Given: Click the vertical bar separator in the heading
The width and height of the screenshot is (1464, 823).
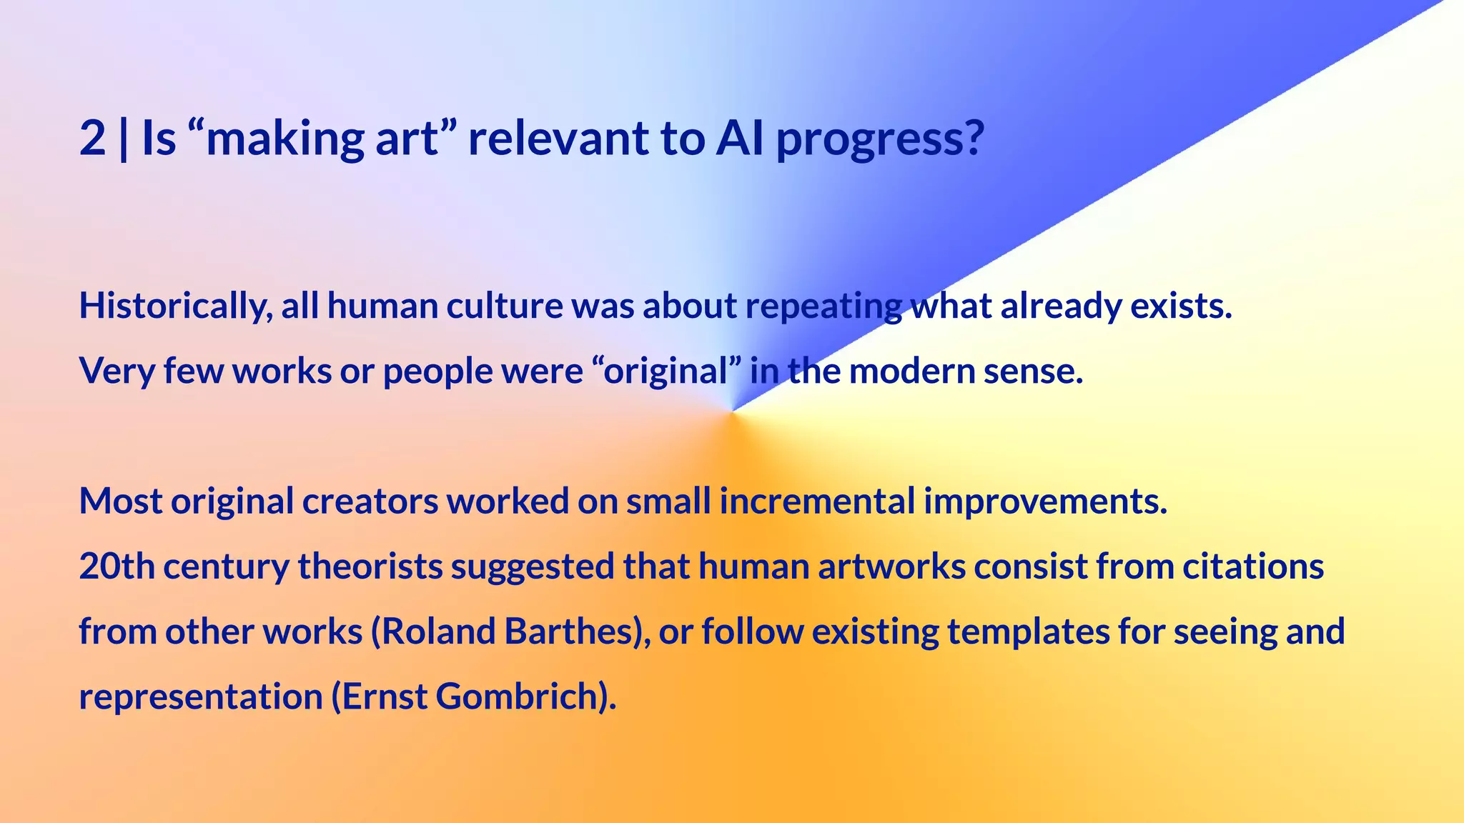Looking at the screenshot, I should [x=124, y=139].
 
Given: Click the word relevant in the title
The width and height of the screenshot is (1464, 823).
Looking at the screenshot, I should [x=558, y=139].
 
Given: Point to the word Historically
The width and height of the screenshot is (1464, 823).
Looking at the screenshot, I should [x=175, y=306].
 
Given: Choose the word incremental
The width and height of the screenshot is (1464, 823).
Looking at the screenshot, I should [x=817, y=502].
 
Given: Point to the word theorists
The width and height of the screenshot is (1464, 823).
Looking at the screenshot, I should [x=370, y=567].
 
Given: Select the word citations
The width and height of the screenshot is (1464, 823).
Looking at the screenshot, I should [x=1253, y=567].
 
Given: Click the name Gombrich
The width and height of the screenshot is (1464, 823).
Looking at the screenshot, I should [x=520, y=697].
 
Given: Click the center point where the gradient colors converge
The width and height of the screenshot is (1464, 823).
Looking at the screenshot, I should [x=732, y=412].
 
